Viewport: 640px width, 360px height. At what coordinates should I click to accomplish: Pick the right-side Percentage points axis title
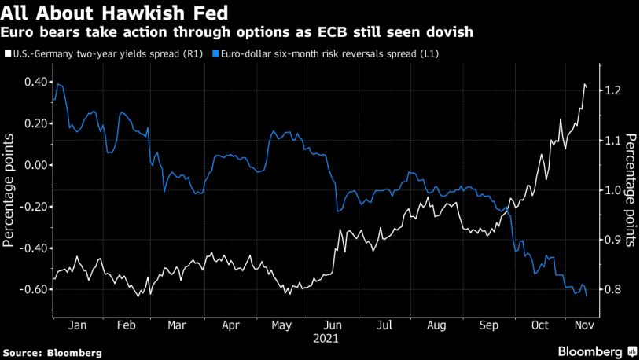coord(630,189)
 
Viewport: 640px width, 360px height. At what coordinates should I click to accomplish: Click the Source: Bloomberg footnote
coord(52,353)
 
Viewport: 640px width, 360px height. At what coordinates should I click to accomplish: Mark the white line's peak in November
coord(585,84)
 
